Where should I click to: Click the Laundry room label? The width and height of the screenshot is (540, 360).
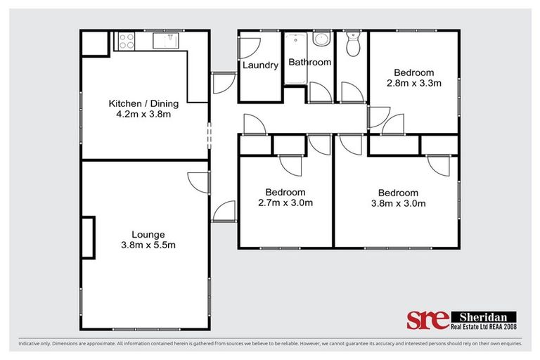[x=260, y=66]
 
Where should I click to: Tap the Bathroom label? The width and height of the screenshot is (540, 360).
[x=309, y=63]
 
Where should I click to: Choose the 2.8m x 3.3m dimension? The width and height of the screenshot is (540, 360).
[x=413, y=83]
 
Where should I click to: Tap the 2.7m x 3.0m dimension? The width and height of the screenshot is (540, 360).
[x=285, y=203]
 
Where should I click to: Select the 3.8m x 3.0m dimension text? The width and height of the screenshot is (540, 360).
[x=398, y=204]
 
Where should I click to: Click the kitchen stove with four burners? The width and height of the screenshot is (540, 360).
[x=126, y=41]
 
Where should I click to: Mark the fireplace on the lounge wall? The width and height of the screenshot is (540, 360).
[x=87, y=238]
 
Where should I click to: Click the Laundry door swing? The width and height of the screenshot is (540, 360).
[x=247, y=48]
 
